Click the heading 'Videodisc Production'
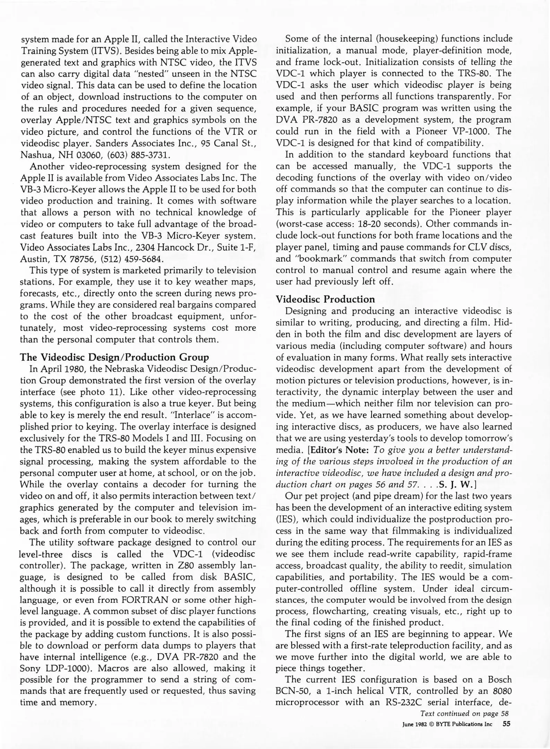325,299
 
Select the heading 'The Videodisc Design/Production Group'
114,357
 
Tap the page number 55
506,724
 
